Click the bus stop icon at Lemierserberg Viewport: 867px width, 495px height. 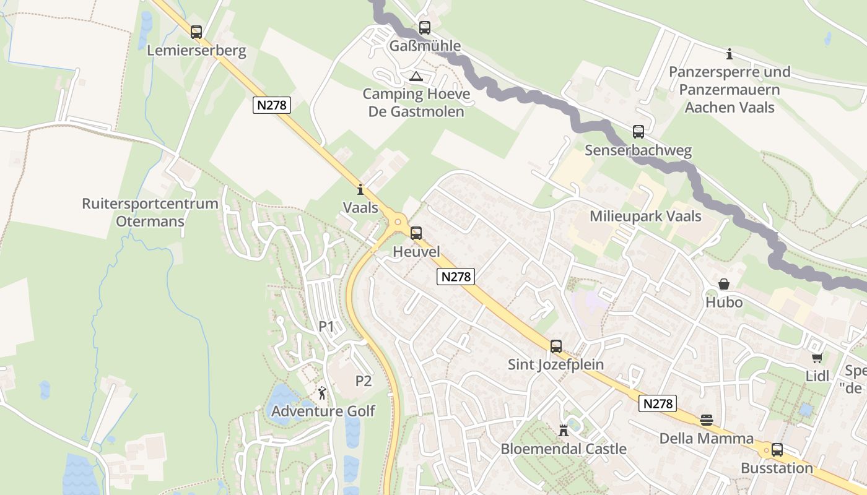pyautogui.click(x=196, y=32)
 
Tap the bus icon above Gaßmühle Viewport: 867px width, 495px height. pyautogui.click(x=424, y=27)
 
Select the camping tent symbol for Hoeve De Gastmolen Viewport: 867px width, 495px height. pyautogui.click(x=416, y=77)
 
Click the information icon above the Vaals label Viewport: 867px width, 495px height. pyautogui.click(x=360, y=189)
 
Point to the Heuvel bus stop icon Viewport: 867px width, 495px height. pyautogui.click(x=416, y=233)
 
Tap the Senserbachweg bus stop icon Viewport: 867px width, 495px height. pyautogui.click(x=638, y=132)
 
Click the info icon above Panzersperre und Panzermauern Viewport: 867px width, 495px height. pyautogui.click(x=730, y=54)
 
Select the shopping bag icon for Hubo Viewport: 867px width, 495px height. pyautogui.click(x=723, y=284)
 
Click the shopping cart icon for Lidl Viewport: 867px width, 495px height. pyautogui.click(x=817, y=358)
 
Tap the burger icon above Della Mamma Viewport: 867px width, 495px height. pyautogui.click(x=707, y=420)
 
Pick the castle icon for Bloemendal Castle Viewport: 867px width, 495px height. pyautogui.click(x=564, y=430)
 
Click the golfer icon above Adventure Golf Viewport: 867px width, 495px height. pyautogui.click(x=322, y=392)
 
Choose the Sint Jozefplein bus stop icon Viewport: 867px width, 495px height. pyautogui.click(x=556, y=346)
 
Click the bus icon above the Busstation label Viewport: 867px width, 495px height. pyautogui.click(x=777, y=450)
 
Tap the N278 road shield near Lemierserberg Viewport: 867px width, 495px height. pyautogui.click(x=272, y=105)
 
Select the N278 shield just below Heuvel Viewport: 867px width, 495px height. pyautogui.click(x=456, y=277)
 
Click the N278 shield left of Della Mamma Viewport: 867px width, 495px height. pyautogui.click(x=657, y=403)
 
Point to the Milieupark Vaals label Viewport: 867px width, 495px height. pyautogui.click(x=645, y=216)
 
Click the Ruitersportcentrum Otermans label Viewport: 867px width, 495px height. pyautogui.click(x=150, y=212)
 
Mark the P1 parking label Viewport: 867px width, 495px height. pyautogui.click(x=326, y=326)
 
